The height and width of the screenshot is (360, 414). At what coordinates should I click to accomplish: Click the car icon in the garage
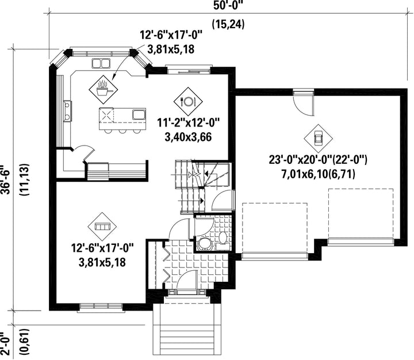point(318,139)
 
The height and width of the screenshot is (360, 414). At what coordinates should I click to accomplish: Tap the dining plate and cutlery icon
point(188,101)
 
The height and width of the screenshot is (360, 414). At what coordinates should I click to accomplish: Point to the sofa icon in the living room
point(102,227)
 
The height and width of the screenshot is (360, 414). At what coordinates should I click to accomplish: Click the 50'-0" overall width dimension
point(228,6)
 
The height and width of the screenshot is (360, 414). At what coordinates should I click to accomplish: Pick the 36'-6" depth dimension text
point(6,180)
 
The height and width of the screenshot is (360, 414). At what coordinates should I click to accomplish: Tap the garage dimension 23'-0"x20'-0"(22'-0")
point(318,160)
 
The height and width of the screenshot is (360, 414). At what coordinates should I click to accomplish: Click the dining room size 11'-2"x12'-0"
point(189,122)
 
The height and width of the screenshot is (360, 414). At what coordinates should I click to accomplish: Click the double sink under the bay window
point(101,63)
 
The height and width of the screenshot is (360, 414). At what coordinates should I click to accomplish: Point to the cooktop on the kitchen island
point(106,116)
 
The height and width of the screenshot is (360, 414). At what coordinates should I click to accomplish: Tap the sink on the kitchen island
point(139,114)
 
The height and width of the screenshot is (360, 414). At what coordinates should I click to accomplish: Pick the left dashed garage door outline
point(275,228)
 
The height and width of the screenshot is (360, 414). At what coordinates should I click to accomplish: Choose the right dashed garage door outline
point(361,213)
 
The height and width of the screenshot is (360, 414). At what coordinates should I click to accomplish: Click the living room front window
point(101,306)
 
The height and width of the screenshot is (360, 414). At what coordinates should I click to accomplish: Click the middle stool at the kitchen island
point(122,131)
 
